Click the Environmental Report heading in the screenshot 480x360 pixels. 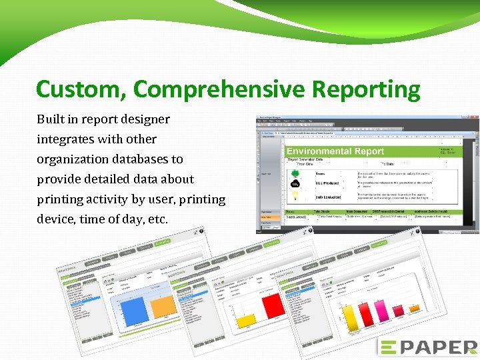[x=335, y=151]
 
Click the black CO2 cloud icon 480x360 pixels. [x=295, y=184]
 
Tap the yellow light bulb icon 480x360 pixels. [x=295, y=195]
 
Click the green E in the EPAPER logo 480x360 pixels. [x=387, y=347]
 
